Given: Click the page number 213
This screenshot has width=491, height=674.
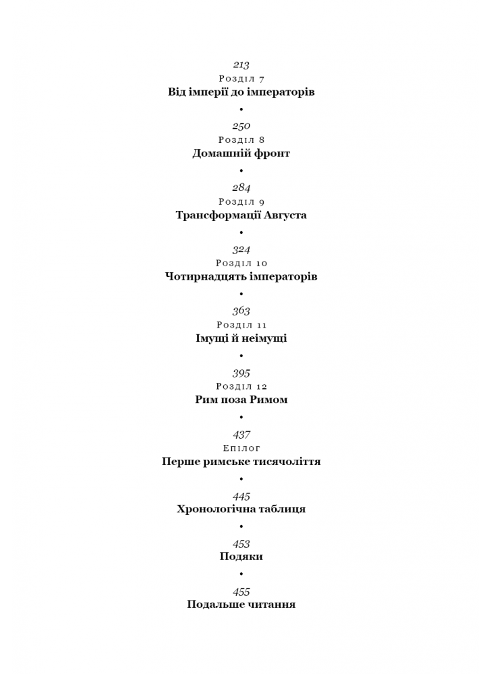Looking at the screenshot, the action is coord(241,65).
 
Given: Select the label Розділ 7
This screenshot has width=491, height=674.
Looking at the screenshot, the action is coord(241,79).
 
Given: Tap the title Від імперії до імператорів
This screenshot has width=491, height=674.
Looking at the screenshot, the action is coord(241,92).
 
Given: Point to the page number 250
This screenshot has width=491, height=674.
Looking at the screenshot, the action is coord(241,127).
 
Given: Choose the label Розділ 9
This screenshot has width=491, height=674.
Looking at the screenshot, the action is coord(241,202).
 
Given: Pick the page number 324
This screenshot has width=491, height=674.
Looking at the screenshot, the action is coord(241,250).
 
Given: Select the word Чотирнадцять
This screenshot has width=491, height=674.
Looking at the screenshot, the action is coord(206,276).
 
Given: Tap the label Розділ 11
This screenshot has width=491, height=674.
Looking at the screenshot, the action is coord(241,325).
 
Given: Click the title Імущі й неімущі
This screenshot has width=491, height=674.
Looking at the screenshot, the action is coord(241,338).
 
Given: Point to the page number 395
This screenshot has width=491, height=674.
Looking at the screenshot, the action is coord(241,373).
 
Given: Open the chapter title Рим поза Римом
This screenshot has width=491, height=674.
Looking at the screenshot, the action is coord(241,400).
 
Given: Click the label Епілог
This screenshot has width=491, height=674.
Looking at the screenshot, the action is coord(241,448).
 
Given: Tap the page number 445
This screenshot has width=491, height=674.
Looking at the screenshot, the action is coord(241,497).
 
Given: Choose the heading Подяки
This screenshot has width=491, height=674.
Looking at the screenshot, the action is coord(241,557).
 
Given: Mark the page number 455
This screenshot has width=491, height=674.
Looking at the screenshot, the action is coord(241,592).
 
